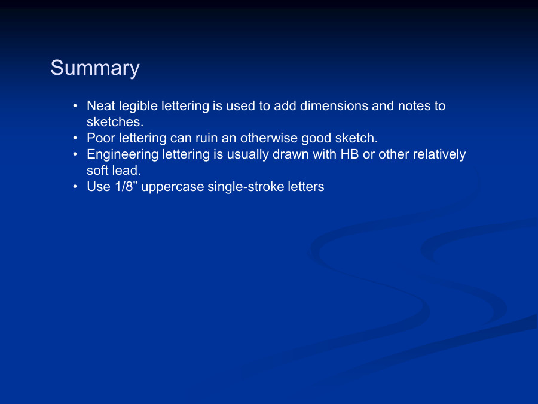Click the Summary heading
tap(95, 68)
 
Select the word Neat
tap(101, 106)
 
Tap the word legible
tap(138, 107)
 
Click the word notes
tap(414, 106)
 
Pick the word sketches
tap(115, 122)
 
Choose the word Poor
tap(101, 138)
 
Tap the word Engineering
tap(123, 155)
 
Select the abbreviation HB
tap(349, 154)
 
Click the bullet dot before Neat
tap(75, 106)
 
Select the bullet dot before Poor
tap(75, 138)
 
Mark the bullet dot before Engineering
tap(75, 154)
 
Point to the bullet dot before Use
tap(75, 187)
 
